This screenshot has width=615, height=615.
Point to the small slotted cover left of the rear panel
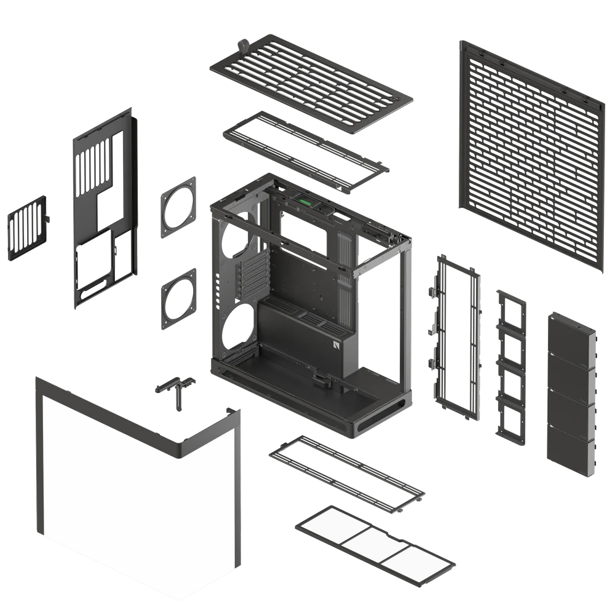[27, 226]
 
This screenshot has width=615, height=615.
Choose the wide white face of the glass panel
[111, 480]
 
